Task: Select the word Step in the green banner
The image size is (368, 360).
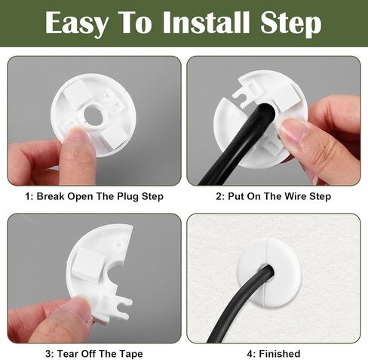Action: coord(291,23)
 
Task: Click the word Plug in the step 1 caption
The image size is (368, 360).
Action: coord(128,196)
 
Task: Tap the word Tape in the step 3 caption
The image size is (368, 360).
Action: coord(131,354)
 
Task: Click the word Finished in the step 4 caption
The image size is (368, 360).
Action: coord(280,354)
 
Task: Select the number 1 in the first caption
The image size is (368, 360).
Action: coord(27,196)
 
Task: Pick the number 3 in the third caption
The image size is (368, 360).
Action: coord(48,354)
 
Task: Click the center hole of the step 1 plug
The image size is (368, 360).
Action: coord(93,115)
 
